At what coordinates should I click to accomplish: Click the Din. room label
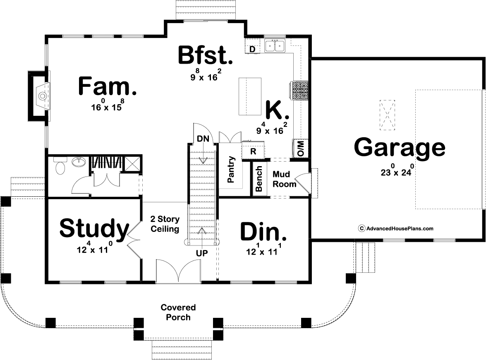(263, 231)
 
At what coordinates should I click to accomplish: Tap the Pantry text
(231, 169)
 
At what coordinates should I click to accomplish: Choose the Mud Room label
(284, 179)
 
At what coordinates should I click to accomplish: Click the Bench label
(259, 179)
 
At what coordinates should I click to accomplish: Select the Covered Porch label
(178, 312)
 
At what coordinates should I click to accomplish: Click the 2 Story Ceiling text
(165, 224)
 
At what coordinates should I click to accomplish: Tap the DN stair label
(203, 138)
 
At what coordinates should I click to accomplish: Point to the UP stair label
(202, 253)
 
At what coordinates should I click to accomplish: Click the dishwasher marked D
(252, 49)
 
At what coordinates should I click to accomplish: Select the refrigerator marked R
(253, 152)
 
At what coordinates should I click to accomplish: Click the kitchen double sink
(275, 45)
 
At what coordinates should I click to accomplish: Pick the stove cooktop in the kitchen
(299, 90)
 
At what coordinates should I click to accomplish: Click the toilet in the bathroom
(60, 165)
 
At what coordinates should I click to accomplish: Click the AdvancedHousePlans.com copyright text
(396, 229)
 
